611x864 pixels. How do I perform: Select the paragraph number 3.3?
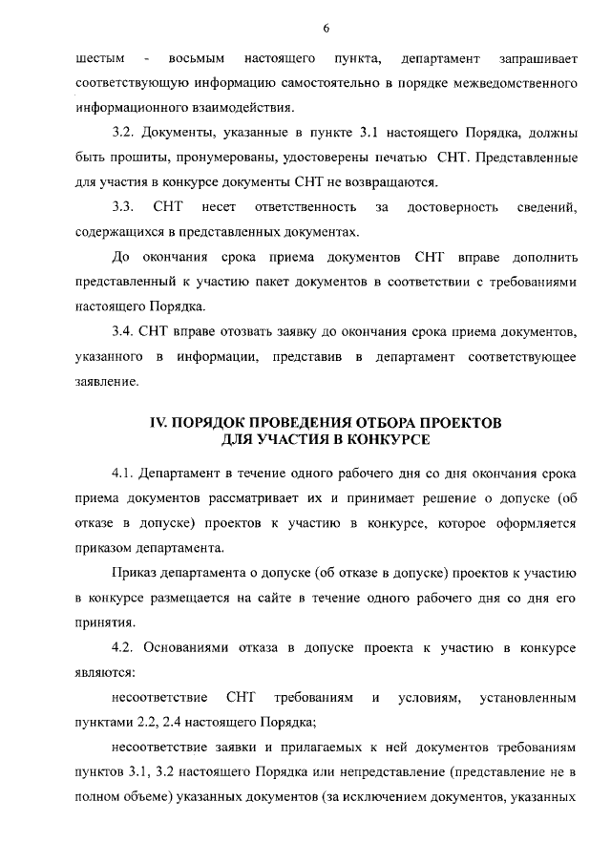tap(123, 207)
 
